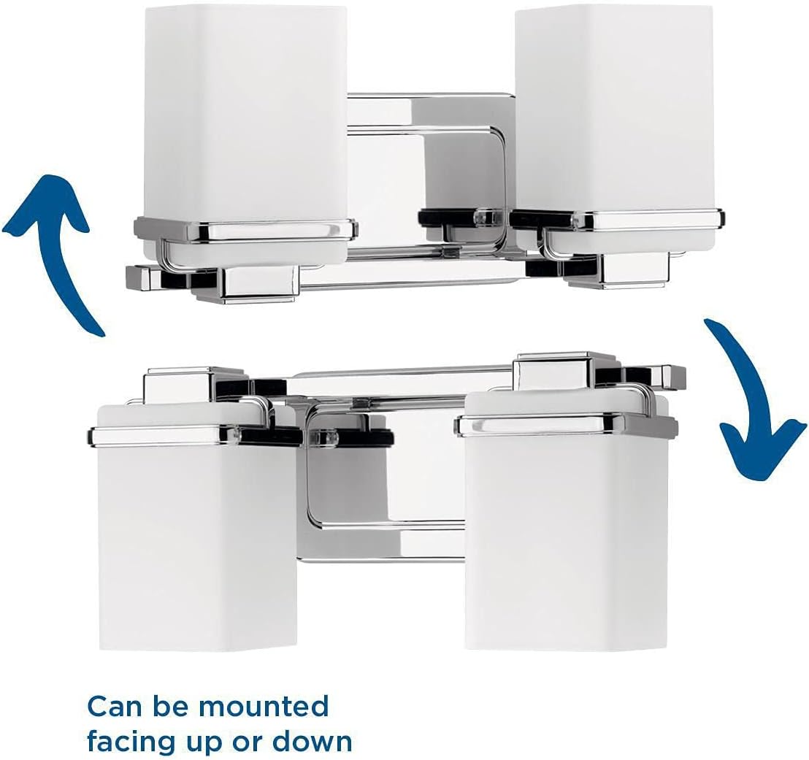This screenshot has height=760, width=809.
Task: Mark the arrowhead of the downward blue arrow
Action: coord(764,449)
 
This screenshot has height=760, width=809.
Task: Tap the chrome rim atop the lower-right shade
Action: coord(566,424)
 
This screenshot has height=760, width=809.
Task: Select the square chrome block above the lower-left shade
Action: coord(193,387)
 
